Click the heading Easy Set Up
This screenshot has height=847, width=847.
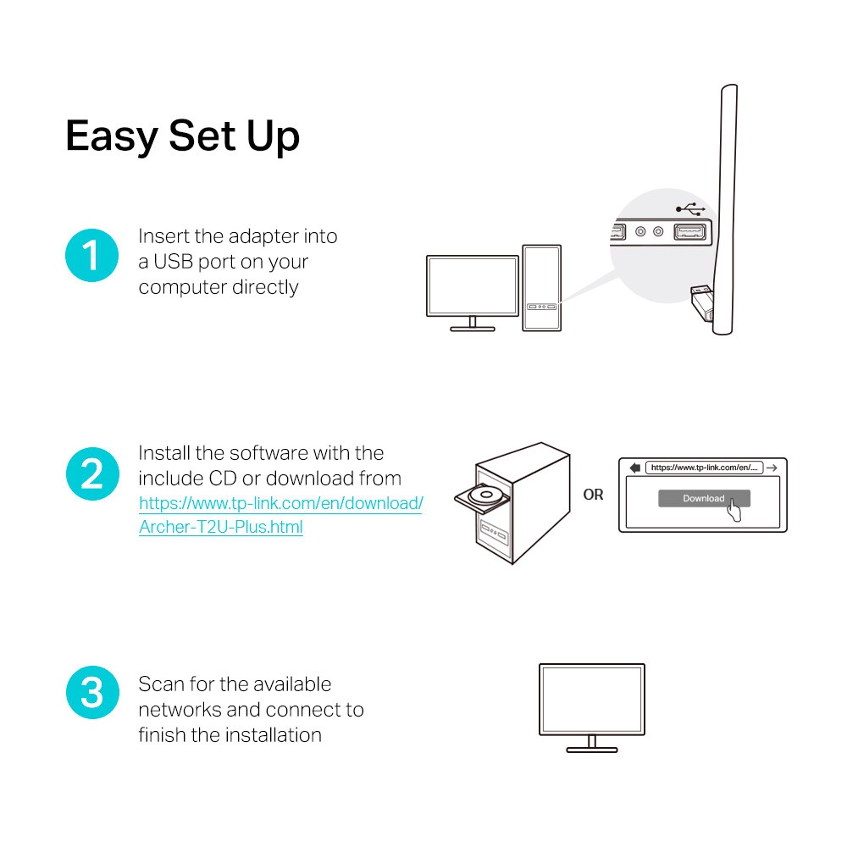(x=182, y=136)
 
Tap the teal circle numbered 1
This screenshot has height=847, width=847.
(x=90, y=255)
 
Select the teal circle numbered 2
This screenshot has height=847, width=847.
(x=90, y=473)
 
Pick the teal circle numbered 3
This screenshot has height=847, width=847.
(x=90, y=693)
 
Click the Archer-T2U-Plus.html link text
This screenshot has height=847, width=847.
(x=221, y=527)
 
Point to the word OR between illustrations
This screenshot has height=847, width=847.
(x=593, y=495)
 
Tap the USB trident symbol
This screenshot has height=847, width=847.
(x=690, y=208)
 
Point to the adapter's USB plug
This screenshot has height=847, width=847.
(x=698, y=296)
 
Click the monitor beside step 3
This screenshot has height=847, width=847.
(x=592, y=702)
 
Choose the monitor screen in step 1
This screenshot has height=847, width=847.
(x=472, y=285)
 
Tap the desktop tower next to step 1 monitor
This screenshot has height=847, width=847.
(x=541, y=288)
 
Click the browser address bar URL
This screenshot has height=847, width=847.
(x=705, y=468)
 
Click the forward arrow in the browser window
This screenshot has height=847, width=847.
(x=771, y=468)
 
